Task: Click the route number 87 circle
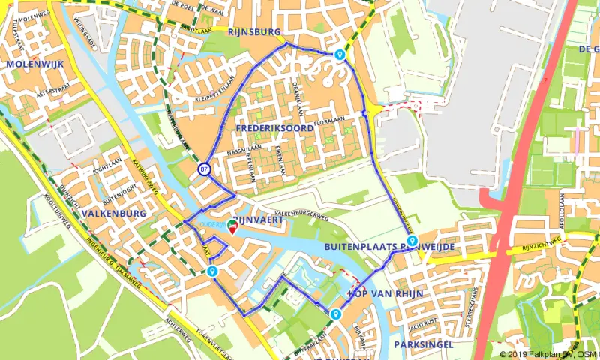coord(204,169)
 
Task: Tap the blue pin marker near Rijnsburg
coord(340,55)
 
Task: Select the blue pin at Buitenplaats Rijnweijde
coord(412,240)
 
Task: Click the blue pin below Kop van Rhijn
coord(334,313)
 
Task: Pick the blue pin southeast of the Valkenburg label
coord(214,271)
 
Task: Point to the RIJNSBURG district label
coord(256,32)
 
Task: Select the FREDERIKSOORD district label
coord(274,129)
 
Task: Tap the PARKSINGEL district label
coord(421,344)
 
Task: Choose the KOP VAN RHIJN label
coord(386,292)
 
